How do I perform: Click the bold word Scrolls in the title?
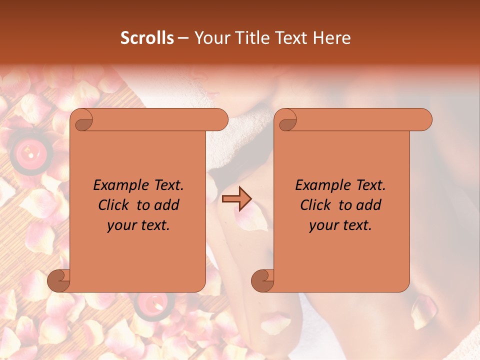[147, 38]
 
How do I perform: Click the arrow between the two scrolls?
[236, 199]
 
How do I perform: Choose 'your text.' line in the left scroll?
[138, 225]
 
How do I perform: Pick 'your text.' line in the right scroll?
[340, 225]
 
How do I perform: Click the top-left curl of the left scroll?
[81, 120]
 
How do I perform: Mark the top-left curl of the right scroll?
[286, 120]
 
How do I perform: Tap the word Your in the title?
[210, 38]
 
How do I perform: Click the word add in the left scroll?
[167, 205]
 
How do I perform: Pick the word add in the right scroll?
[369, 205]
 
